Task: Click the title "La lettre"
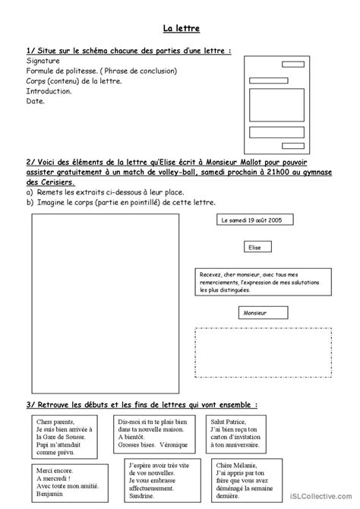point(181,29)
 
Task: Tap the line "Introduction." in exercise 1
point(49,90)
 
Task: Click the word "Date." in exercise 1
point(36,100)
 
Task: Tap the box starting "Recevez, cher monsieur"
point(263,281)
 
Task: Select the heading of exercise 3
point(141,404)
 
